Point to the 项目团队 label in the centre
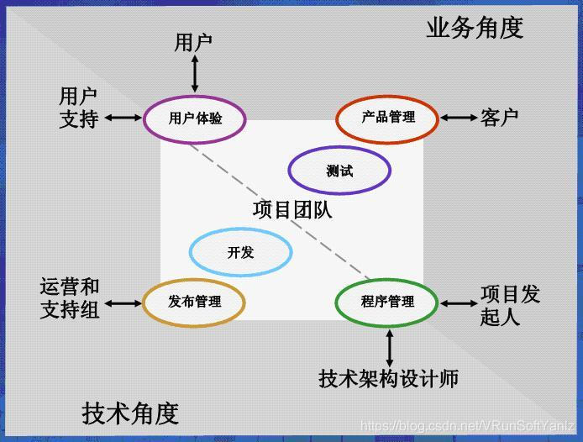coord(292,209)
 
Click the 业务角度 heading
coord(475,28)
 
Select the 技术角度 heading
coord(130,413)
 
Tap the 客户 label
coord(499,118)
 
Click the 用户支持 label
coord(78,108)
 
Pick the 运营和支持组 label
coord(70,298)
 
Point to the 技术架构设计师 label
coord(389,379)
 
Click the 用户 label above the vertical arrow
coord(193,42)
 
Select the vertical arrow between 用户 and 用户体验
coord(194,74)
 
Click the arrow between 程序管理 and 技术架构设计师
coord(389,348)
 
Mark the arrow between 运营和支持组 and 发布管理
coord(123,303)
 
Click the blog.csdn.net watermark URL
coord(467,425)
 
